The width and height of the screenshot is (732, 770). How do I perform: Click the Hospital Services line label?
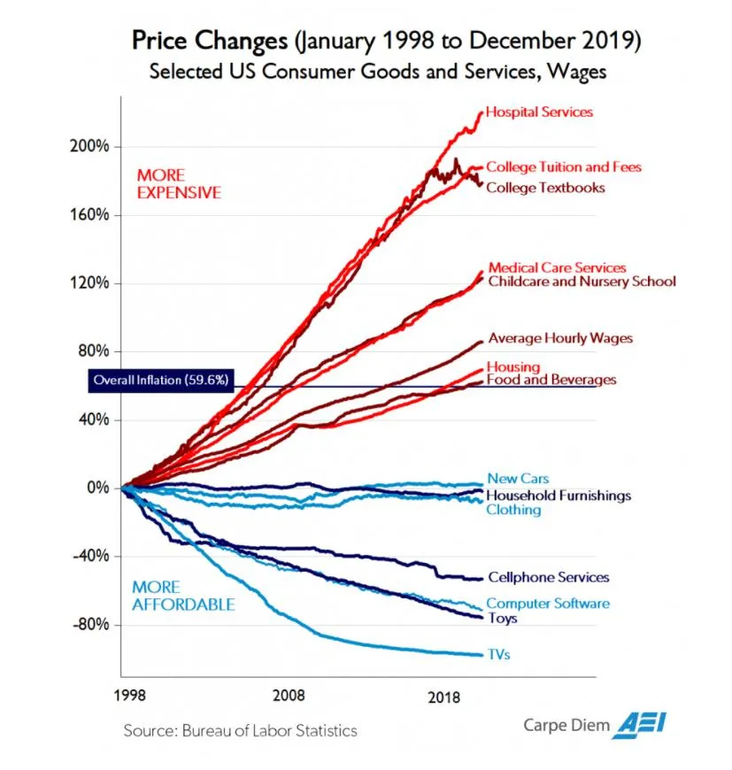coord(539,112)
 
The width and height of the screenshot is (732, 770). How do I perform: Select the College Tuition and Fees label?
coord(564,166)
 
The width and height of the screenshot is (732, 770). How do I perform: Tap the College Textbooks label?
coord(545,188)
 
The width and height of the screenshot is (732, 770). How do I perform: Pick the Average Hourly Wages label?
coord(560,338)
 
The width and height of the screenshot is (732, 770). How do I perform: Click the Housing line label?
coord(513,367)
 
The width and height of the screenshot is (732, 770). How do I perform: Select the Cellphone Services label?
coord(549,577)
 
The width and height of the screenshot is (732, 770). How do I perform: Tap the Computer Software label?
coord(549,604)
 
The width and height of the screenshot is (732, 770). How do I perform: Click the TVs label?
coord(499,655)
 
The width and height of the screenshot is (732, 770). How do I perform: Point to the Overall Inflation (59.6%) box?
coord(160,381)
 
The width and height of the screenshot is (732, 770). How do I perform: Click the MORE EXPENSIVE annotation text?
coord(179,183)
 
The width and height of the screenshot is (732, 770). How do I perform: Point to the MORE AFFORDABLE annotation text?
coord(183,596)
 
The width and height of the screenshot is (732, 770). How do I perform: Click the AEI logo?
coord(642,724)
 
